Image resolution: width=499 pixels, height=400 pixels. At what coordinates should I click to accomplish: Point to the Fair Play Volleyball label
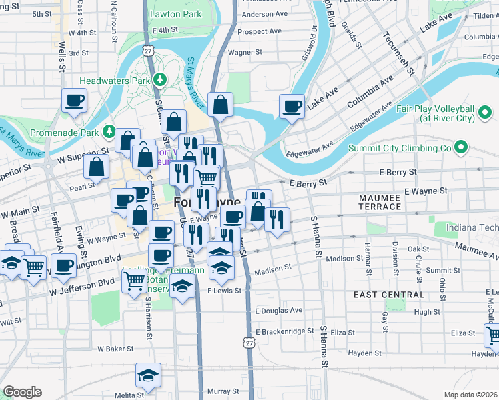(x=443, y=113)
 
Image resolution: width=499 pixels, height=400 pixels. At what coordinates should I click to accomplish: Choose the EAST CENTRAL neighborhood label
(x=389, y=294)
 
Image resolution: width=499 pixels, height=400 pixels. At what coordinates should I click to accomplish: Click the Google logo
(x=22, y=392)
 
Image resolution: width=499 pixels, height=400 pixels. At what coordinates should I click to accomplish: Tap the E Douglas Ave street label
(x=278, y=310)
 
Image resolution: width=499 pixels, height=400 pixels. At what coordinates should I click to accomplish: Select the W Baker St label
(x=116, y=349)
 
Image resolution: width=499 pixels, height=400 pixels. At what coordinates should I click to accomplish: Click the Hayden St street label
(x=363, y=353)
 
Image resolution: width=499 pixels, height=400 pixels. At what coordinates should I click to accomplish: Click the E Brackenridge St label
(x=284, y=331)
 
